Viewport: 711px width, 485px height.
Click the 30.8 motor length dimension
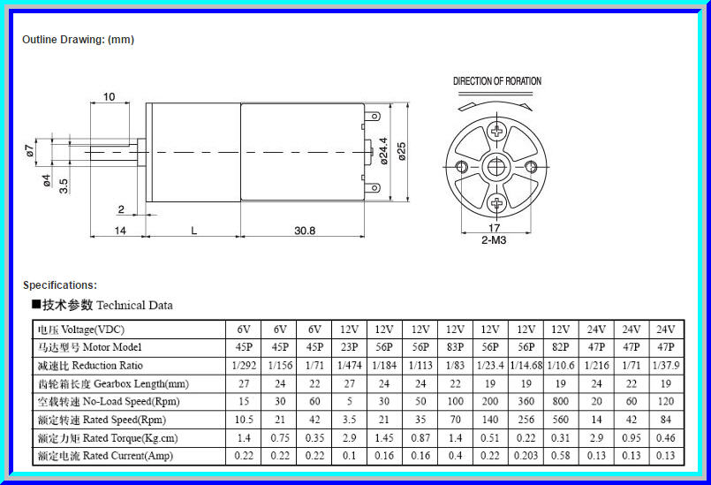[x=304, y=231]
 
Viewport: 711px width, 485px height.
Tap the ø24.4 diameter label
[x=383, y=151]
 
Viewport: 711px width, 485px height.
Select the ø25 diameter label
[x=401, y=151]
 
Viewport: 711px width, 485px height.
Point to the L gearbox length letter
[x=193, y=231]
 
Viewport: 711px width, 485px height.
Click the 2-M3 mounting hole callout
[x=494, y=240]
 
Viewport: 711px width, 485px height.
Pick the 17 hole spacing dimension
[x=495, y=228]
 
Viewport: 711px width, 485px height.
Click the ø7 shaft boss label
[x=29, y=151]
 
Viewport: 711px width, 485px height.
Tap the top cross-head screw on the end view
[x=497, y=132]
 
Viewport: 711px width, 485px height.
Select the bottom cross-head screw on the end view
[x=497, y=203]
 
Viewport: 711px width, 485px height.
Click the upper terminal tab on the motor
[x=373, y=116]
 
